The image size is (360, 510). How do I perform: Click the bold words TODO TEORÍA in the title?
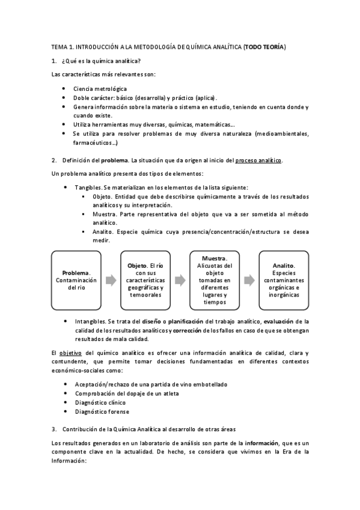(265, 46)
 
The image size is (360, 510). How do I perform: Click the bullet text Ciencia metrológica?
(96, 88)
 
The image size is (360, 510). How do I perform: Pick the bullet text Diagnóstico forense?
(102, 412)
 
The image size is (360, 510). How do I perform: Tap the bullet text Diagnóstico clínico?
(100, 403)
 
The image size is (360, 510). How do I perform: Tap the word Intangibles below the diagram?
(93, 321)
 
